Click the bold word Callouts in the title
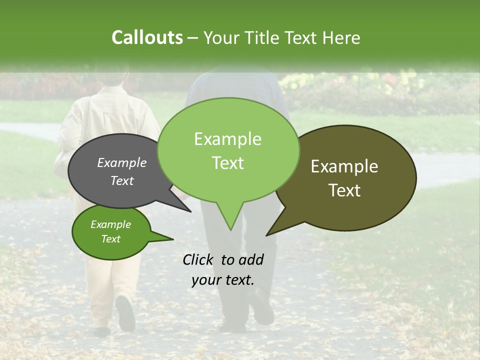pos(147,37)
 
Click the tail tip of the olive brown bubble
pos(267,234)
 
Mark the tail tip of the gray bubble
pos(190,211)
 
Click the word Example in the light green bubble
pos(227,139)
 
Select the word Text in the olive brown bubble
pos(345,190)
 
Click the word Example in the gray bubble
pos(121,162)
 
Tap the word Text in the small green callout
pos(111,239)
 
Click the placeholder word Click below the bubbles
pos(197,259)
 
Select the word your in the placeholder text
pos(206,280)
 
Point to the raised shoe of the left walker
pos(125,312)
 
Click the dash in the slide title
pos(193,38)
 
